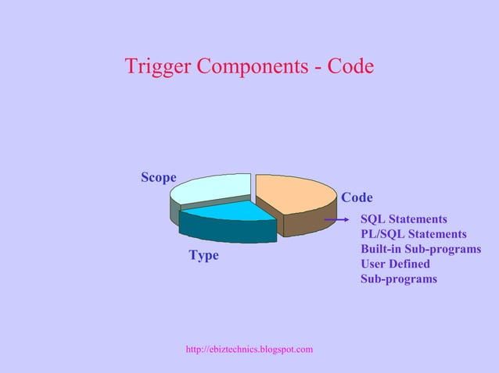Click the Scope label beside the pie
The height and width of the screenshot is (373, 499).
[158, 178]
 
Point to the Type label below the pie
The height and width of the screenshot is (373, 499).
[203, 256]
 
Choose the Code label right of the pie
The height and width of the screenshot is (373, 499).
[357, 197]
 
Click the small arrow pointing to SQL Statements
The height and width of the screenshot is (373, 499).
[337, 220]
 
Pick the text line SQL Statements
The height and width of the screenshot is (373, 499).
[404, 219]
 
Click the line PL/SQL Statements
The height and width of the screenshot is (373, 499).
[413, 234]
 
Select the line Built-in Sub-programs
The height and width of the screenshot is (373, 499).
[420, 249]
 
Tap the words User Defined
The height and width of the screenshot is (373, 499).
[395, 264]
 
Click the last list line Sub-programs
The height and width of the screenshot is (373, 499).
[398, 279]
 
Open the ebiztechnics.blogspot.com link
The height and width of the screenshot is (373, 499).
[249, 349]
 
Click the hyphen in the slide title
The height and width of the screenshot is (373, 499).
[317, 68]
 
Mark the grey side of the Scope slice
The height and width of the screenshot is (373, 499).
[174, 209]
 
